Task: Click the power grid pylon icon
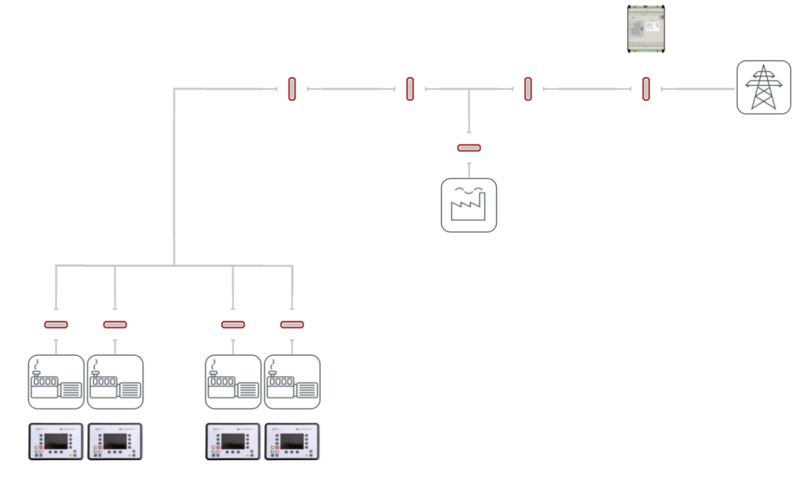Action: tap(763, 88)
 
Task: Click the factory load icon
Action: tap(468, 205)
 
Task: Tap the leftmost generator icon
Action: tap(56, 382)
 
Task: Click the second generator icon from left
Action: tap(115, 382)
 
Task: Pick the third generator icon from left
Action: tap(233, 382)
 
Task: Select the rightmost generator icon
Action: tap(292, 382)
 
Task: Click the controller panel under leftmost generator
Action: tap(56, 442)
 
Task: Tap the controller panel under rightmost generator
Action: tap(292, 442)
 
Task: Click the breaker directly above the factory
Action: tap(468, 148)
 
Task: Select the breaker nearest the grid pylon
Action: tap(646, 88)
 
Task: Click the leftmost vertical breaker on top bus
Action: tap(292, 88)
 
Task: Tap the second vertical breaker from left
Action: tap(410, 88)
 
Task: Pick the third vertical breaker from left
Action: tap(528, 88)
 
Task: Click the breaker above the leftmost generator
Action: tap(56, 324)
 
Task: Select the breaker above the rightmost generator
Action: tap(292, 324)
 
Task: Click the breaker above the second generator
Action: tap(115, 324)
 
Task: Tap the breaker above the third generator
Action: tap(233, 324)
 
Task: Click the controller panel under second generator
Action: tap(115, 442)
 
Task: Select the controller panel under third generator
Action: tap(233, 442)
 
